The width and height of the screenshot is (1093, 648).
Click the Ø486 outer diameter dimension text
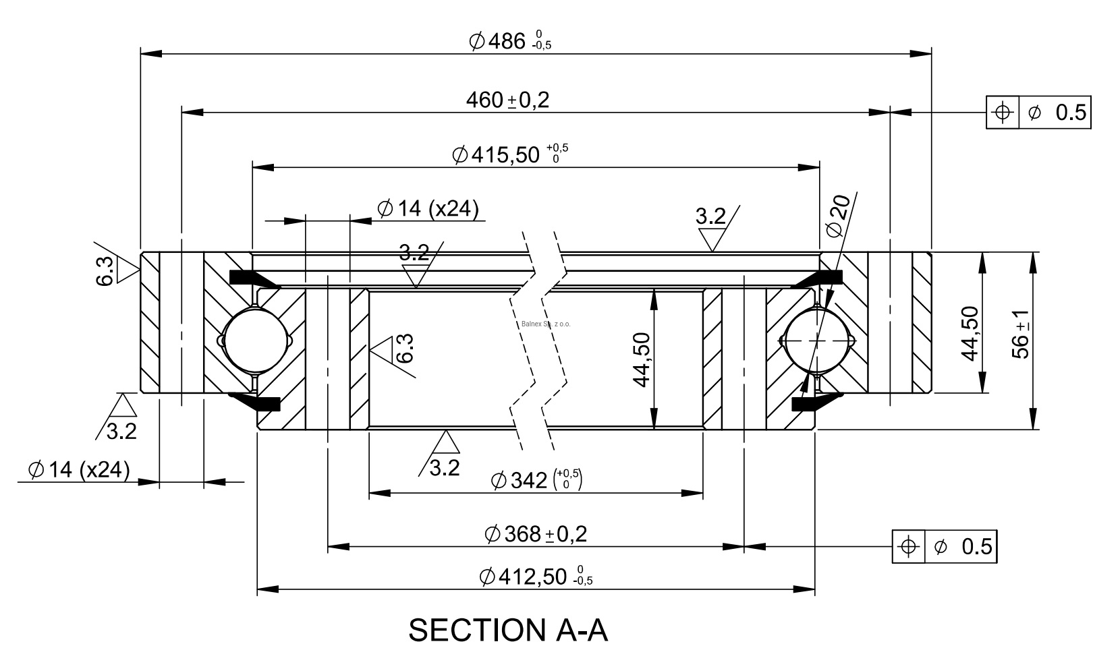(x=509, y=41)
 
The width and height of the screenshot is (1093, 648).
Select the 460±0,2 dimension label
(x=507, y=100)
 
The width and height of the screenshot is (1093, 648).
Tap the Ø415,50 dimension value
(x=509, y=154)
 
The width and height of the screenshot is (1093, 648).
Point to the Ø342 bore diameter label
(x=536, y=480)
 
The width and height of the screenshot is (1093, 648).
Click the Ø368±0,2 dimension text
(x=536, y=534)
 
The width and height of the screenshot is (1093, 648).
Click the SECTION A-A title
(x=508, y=630)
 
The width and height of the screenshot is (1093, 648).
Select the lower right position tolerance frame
(x=944, y=546)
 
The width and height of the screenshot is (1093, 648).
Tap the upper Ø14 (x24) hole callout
(x=428, y=208)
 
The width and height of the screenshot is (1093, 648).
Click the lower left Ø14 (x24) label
(x=79, y=469)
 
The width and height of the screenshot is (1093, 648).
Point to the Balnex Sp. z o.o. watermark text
(x=546, y=324)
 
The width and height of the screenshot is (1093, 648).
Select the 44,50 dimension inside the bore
(x=642, y=359)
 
